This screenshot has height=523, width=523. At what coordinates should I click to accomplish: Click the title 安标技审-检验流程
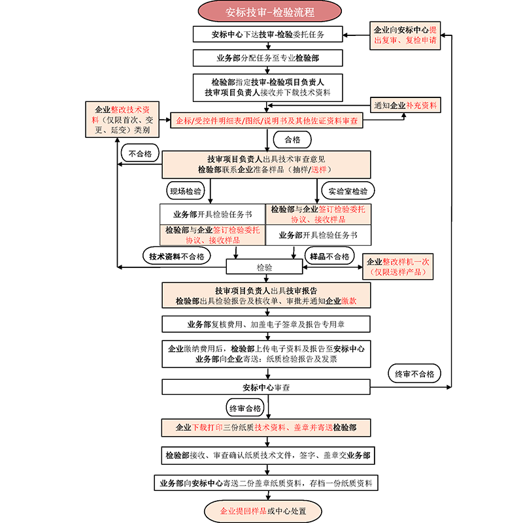click(268, 12)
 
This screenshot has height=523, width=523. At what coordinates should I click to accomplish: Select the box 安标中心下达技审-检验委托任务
click(268, 34)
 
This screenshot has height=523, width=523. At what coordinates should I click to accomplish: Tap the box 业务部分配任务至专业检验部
click(268, 58)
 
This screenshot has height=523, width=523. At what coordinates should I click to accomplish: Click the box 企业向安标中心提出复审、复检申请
click(405, 35)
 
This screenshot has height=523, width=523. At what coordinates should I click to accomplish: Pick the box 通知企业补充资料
click(405, 105)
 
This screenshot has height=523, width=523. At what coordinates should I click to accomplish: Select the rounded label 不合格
click(140, 154)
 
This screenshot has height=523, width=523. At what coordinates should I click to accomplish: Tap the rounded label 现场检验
click(186, 191)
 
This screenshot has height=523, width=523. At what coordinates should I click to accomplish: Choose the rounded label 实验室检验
click(348, 191)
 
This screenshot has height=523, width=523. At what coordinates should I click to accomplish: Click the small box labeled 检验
click(264, 267)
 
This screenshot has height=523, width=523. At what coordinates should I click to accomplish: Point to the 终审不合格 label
click(414, 374)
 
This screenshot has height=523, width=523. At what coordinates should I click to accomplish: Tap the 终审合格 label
click(245, 408)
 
